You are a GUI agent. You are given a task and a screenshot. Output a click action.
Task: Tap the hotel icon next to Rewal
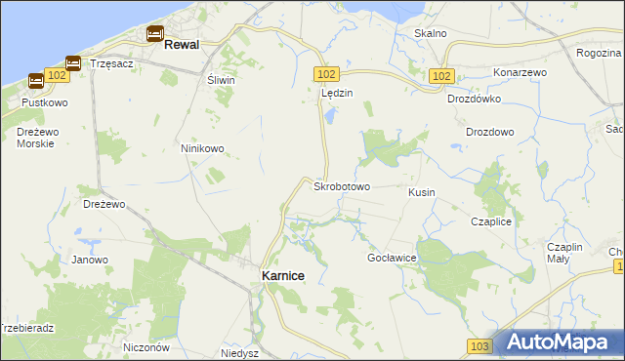[155, 34]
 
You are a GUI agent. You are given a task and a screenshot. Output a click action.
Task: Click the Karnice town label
[282, 276]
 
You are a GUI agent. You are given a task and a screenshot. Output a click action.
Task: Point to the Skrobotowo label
[341, 185]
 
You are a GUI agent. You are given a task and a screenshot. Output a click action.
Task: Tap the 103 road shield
[479, 346]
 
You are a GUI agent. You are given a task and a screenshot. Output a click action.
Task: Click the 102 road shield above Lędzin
[327, 74]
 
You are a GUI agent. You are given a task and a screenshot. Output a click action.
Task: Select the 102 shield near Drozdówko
[441, 75]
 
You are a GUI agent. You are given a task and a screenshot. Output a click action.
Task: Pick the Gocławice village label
[392, 258]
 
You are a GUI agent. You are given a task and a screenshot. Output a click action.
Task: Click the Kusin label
[422, 193]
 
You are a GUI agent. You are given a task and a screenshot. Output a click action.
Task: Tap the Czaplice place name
[491, 222]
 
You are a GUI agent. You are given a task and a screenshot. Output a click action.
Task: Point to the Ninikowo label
[202, 149]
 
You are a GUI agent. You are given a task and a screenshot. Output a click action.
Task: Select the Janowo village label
[90, 260]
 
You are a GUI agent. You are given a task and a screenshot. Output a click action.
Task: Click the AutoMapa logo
[560, 342]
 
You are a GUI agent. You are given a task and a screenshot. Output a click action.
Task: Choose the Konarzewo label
[519, 73]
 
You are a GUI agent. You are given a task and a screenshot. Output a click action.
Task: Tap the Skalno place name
[430, 33]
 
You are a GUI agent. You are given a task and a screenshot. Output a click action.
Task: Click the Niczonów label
[147, 347]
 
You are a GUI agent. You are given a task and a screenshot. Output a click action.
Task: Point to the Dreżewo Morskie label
[35, 138]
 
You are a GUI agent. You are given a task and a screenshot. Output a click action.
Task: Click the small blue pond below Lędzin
[330, 116]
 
